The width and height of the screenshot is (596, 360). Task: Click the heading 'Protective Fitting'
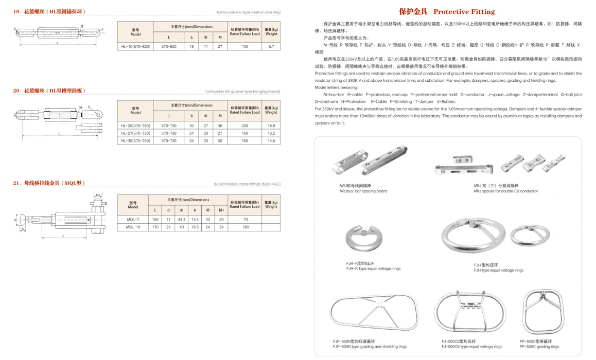tap(447, 11)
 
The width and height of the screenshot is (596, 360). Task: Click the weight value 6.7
tap(271, 46)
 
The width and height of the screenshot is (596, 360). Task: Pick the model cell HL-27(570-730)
tap(135, 133)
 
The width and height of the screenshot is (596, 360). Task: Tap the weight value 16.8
tap(271, 125)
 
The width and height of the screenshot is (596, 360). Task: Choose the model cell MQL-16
tap(133, 227)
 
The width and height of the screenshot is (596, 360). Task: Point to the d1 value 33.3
tap(181, 220)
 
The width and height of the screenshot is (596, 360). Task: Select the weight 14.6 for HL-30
tap(271, 140)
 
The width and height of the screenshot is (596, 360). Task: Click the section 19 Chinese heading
tap(49, 11)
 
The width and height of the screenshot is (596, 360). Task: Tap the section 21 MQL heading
tap(49, 183)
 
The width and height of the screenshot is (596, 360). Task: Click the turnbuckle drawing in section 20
tap(59, 118)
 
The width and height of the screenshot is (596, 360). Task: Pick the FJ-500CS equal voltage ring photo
tap(467, 312)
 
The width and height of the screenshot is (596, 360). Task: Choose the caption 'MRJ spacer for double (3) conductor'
tap(505, 191)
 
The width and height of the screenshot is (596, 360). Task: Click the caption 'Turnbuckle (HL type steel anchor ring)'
tap(248, 12)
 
